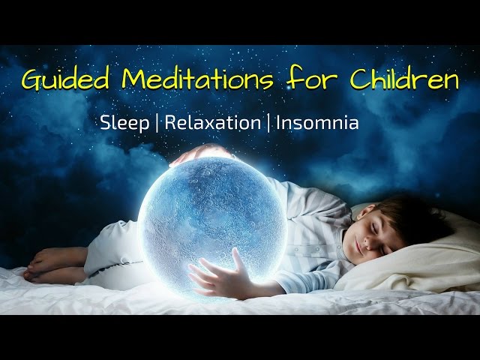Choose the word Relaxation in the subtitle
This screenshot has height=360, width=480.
(211, 122)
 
